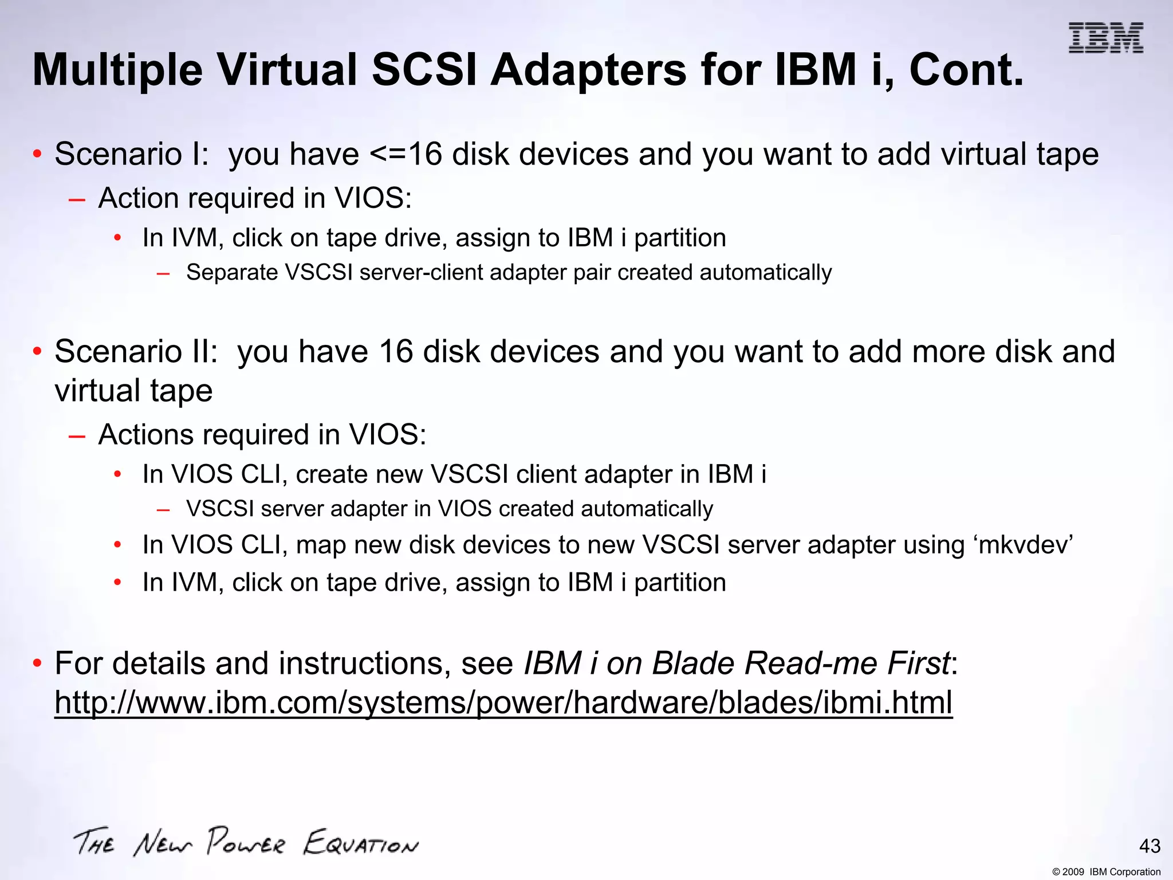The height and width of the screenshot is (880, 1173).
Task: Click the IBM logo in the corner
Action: coord(1105,38)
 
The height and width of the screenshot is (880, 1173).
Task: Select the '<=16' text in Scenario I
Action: coord(406,155)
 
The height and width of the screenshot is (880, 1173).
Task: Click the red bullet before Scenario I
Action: coord(37,155)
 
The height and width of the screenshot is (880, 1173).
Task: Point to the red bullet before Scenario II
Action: coord(37,352)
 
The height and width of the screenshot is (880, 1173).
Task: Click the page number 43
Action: coord(1150,846)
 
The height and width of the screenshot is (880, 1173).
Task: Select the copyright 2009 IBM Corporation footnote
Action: coord(1106,872)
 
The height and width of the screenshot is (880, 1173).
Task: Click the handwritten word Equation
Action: coord(361,843)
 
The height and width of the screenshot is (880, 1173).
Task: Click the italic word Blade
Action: coord(693,663)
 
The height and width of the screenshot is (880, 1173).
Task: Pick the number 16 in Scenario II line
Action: coord(395,352)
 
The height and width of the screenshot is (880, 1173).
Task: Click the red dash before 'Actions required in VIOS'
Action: coord(76,436)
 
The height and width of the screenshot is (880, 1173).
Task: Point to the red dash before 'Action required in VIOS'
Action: coord(76,199)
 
